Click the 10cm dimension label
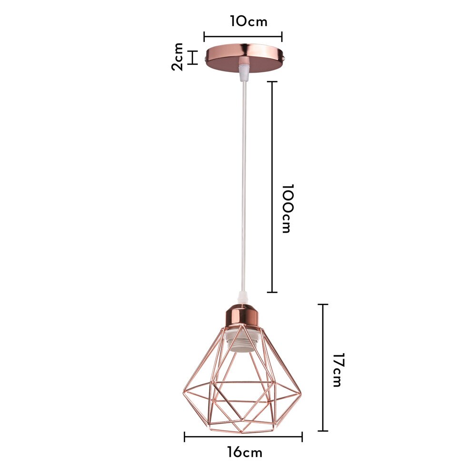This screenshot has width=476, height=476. coord(248,21)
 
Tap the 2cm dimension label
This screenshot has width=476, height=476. coord(178,57)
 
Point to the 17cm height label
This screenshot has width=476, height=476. coord(337,370)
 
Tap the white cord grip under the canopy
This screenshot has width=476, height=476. coord(244,71)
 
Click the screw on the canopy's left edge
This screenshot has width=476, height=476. coord(204,58)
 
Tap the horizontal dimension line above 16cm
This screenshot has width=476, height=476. coord(243,437)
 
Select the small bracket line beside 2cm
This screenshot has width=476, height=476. coord(193,57)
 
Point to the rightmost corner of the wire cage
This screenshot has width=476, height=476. coord(301,393)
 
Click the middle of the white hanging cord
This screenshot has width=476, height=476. coord(244,186)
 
